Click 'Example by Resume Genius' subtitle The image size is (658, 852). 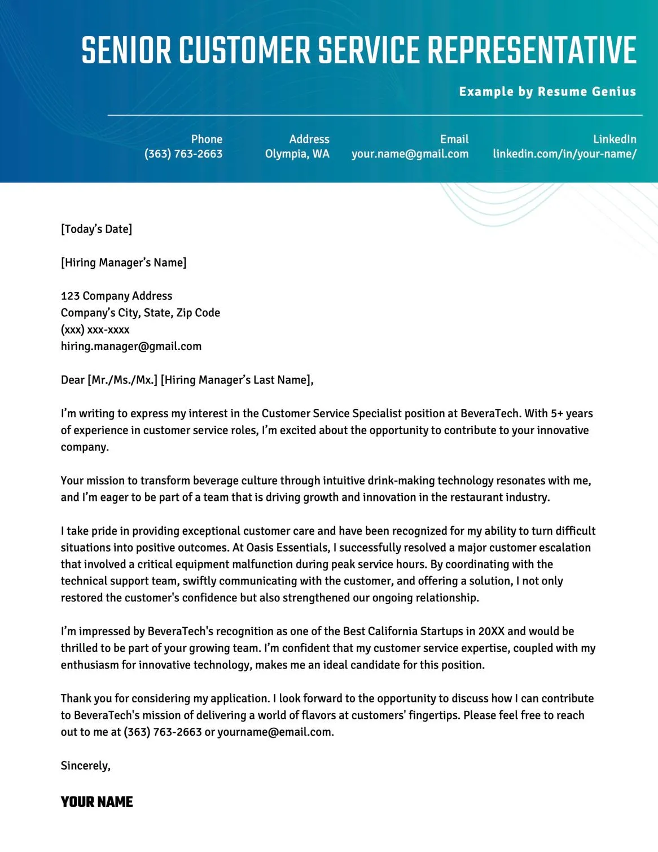547,91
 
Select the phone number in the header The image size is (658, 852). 183,154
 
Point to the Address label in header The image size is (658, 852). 309,139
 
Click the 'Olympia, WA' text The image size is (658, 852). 297,154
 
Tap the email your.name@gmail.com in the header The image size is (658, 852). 410,154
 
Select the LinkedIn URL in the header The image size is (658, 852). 564,154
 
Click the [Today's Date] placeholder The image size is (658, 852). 96,229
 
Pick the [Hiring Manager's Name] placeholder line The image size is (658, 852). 124,263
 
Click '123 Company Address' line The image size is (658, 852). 117,296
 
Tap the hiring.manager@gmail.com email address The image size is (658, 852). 131,346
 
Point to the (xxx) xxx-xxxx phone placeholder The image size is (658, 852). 95,330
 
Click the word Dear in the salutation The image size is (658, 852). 73,380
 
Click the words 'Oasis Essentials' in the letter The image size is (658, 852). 288,548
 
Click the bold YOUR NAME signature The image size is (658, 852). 97,802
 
